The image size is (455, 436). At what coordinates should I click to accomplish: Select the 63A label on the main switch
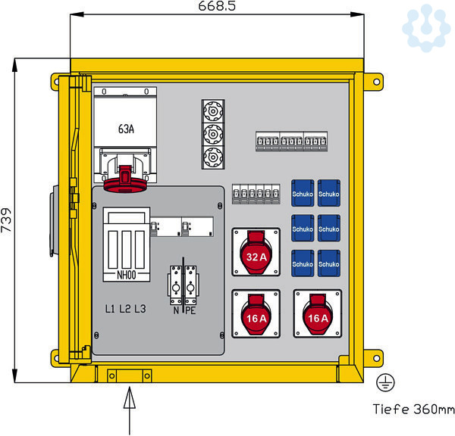(x=126, y=129)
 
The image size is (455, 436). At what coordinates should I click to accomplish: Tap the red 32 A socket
(x=256, y=255)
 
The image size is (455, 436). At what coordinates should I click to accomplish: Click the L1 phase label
(x=111, y=310)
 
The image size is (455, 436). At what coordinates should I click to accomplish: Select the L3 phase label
(x=140, y=310)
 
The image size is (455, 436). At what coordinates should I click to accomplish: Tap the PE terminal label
(x=190, y=310)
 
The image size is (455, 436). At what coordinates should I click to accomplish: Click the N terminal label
(x=176, y=310)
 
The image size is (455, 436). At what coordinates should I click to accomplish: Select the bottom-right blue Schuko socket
(x=329, y=263)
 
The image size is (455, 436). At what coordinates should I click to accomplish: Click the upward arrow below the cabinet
(x=127, y=401)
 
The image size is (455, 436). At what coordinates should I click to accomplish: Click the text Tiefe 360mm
(x=413, y=410)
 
